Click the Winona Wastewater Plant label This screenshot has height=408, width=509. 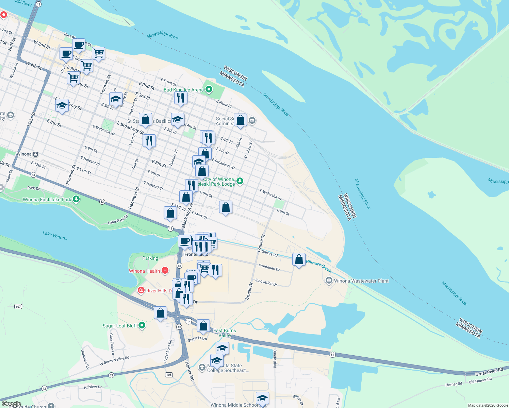pos(361,281)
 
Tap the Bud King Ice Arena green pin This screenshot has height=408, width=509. pos(209,89)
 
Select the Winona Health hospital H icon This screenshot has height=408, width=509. pos(165,271)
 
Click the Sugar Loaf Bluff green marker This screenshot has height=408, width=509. pos(142,325)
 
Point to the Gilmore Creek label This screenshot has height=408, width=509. pos(318,266)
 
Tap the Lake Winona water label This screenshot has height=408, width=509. pos(55,235)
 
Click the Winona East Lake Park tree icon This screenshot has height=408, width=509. pos(76,199)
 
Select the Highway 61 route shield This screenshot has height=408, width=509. pos(332,355)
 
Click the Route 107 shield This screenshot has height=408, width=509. pos(18,306)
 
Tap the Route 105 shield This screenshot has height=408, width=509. pos(169,375)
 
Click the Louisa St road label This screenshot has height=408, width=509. pos(261,243)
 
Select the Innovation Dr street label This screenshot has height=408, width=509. pos(266,282)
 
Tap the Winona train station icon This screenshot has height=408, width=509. pos(35,154)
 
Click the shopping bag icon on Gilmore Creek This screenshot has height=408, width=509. pos(299,260)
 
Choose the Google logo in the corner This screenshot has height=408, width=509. pos(11,404)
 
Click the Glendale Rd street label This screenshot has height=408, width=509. pos(85,359)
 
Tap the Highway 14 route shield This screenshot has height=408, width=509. pos(188,321)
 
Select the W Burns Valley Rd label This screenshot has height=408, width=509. pos(114,361)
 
